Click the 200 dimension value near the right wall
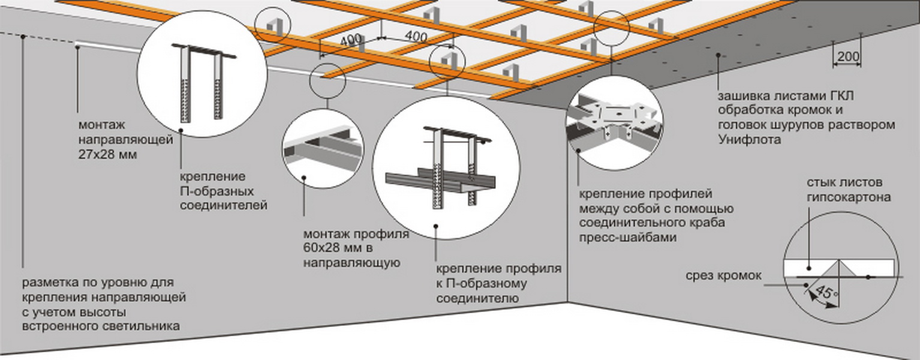click(x=846, y=58)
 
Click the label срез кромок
click(x=724, y=276)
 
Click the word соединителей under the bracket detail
click(x=223, y=206)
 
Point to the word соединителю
click(x=477, y=298)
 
